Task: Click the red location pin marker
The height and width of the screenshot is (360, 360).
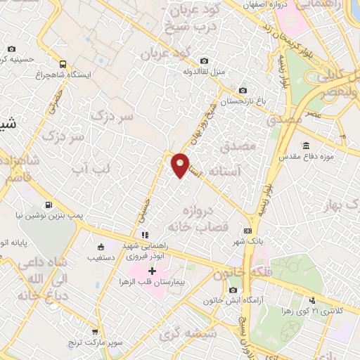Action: pos(181,165)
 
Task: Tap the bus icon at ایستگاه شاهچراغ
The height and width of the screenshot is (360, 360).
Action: pos(63,63)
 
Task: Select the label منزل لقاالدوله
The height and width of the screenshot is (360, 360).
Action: pos(204,71)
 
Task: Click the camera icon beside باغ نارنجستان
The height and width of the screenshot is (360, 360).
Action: pos(243,90)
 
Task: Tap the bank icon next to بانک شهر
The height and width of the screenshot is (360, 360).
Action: pos(247,230)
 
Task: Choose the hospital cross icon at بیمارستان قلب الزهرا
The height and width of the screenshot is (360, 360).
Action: pos(152,271)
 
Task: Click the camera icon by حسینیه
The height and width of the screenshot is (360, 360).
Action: pos(11,49)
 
